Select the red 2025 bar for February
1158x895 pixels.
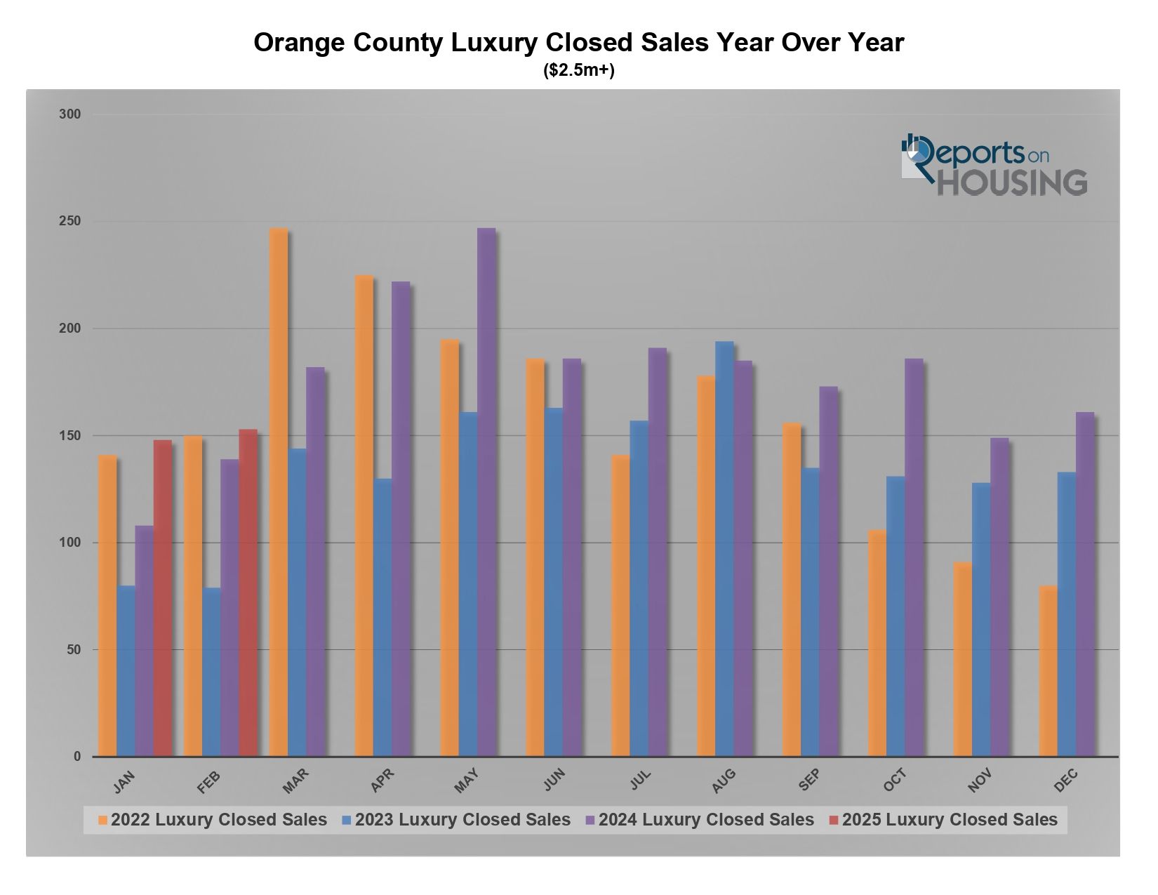(248, 593)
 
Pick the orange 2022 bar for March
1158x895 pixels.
(279, 491)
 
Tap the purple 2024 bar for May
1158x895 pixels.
(486, 491)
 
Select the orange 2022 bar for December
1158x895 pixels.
(1048, 671)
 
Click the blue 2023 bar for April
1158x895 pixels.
(382, 618)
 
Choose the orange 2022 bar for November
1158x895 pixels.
(962, 659)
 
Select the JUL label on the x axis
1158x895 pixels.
(640, 779)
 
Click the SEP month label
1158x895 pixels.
(809, 780)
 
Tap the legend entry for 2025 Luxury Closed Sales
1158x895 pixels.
(949, 820)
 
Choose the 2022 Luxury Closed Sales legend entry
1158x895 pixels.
(218, 820)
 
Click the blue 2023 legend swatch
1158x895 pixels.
(347, 820)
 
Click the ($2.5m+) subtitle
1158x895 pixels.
(579, 71)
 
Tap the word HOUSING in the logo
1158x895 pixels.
(1012, 183)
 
